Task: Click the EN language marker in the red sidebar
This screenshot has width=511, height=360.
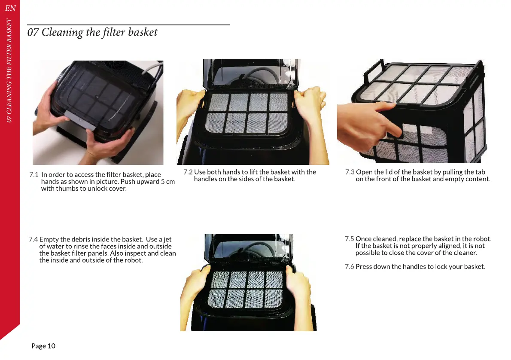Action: [10, 8]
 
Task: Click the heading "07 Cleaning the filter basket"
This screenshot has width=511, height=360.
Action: [92, 32]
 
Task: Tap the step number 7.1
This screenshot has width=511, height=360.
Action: [34, 174]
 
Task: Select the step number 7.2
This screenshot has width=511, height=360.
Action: [188, 172]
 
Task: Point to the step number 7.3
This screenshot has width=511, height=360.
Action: [350, 172]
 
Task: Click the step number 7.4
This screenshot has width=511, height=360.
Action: [33, 239]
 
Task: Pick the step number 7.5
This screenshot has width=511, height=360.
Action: [350, 239]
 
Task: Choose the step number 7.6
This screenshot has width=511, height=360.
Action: [350, 266]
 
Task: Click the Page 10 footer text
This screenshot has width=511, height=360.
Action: [43, 346]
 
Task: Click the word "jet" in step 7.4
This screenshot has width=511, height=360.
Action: [167, 240]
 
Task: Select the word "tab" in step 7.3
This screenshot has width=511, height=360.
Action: [480, 172]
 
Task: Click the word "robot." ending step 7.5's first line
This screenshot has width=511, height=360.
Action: [482, 239]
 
